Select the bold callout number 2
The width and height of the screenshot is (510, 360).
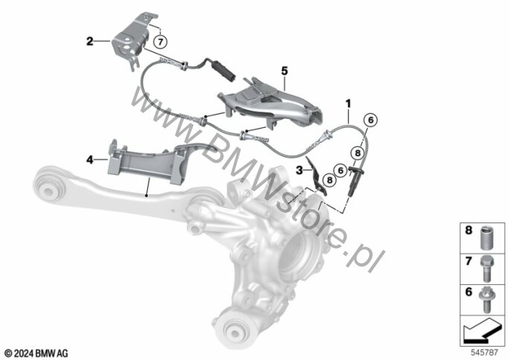click(x=90, y=42)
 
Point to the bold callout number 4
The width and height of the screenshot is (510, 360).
click(x=90, y=158)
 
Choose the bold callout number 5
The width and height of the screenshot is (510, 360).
click(x=283, y=68)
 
